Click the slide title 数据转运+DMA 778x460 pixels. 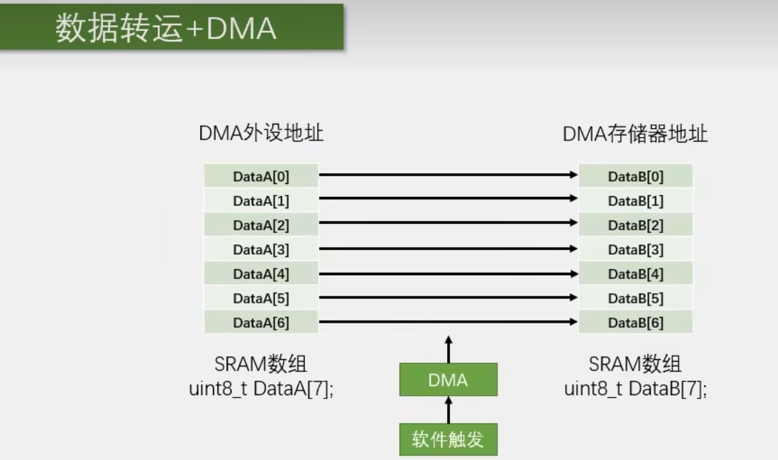165,29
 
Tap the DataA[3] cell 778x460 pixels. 261,250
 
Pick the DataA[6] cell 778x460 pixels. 261,323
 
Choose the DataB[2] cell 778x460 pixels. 636,225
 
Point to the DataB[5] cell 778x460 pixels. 636,298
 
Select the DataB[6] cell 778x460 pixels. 636,323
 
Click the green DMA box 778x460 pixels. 448,380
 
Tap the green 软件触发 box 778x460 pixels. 448,439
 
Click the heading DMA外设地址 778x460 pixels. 261,133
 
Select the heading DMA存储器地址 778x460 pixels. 635,134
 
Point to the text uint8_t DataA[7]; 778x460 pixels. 261,389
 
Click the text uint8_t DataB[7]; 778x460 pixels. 636,389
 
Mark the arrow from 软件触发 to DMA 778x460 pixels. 448,410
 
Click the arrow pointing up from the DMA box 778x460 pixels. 448,349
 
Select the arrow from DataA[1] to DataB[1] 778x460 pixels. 448,199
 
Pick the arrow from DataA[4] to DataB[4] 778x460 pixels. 448,273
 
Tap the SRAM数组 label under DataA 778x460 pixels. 261,365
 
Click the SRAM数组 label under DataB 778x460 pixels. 636,365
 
